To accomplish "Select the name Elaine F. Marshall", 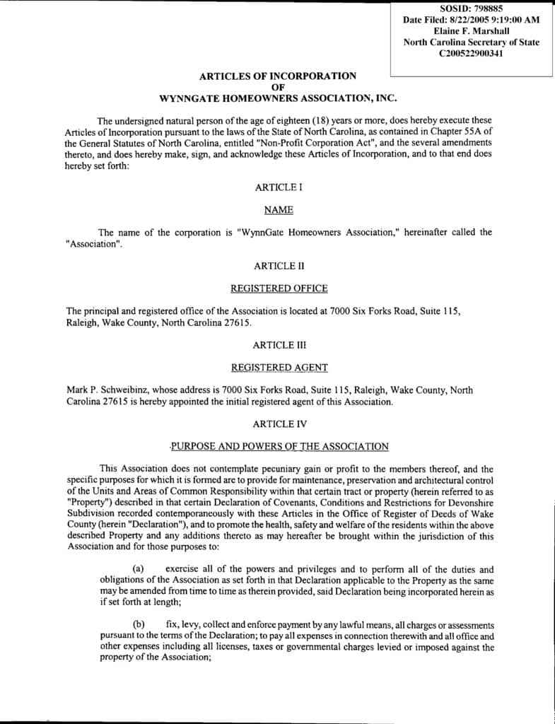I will pyautogui.click(x=471, y=31).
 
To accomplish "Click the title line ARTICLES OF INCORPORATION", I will pyautogui.click(x=278, y=76).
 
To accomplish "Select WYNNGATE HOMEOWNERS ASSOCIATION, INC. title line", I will pyautogui.click(x=278, y=98).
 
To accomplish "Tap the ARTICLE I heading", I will pyautogui.click(x=278, y=187).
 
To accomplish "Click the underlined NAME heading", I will pyautogui.click(x=278, y=210).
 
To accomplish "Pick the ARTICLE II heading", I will pyautogui.click(x=278, y=266).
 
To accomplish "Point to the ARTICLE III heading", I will pyautogui.click(x=278, y=345).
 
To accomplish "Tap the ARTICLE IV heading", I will pyautogui.click(x=278, y=424).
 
